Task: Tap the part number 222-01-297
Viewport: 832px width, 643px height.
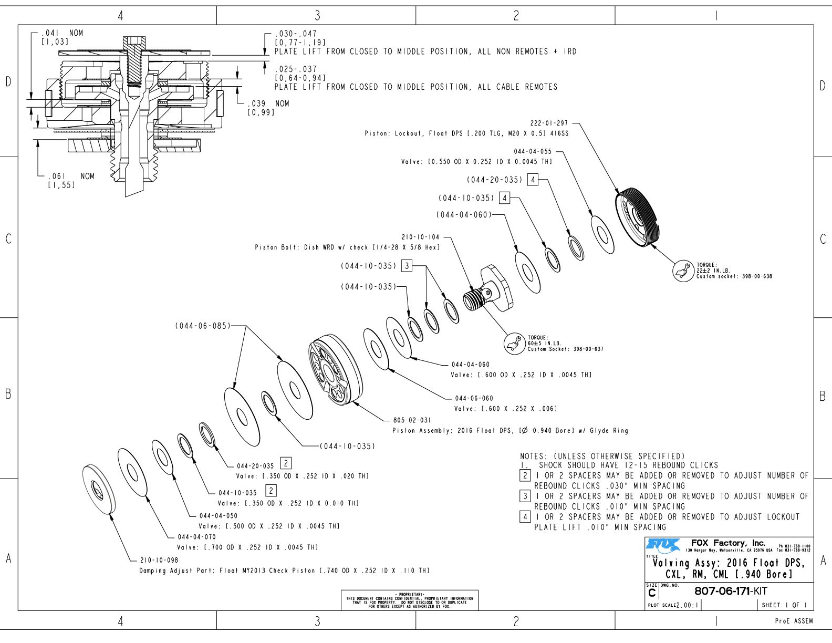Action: [549, 123]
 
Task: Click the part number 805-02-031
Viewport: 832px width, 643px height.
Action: [412, 420]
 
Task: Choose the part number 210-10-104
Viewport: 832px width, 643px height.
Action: [420, 237]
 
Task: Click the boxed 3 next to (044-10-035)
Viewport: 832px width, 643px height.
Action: [407, 266]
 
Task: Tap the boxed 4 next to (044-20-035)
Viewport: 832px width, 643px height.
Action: [533, 180]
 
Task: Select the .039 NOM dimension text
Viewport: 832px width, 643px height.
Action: [268, 103]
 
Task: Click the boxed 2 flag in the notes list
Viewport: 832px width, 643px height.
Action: [525, 475]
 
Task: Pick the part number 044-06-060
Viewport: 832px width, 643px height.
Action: [474, 398]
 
